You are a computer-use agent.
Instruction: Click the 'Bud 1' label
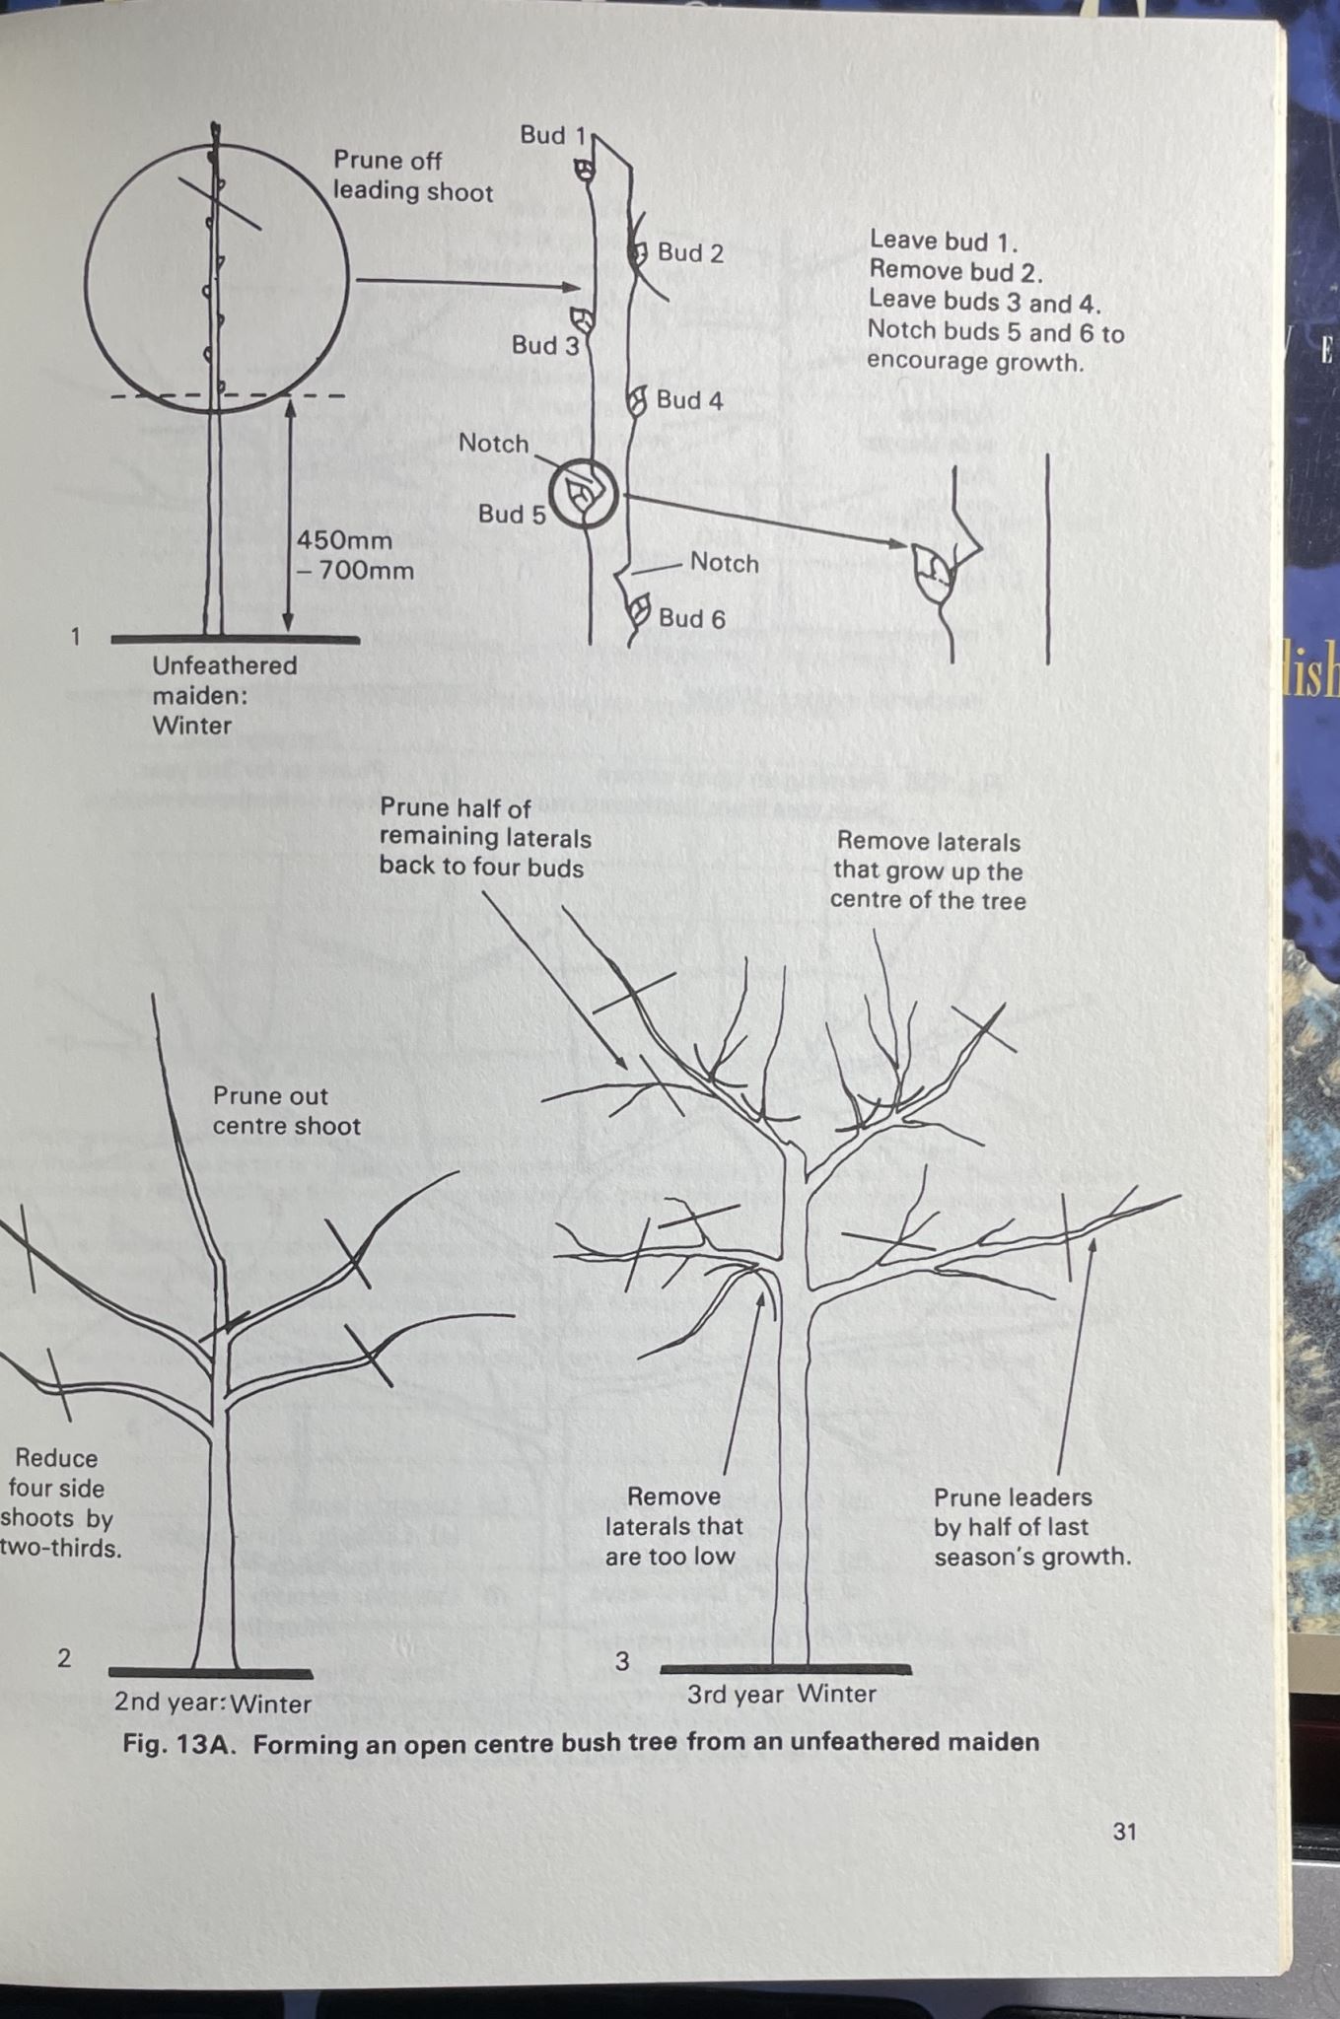pyautogui.click(x=552, y=135)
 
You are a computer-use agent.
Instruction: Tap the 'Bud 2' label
pyautogui.click(x=690, y=253)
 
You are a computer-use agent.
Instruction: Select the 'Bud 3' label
pyautogui.click(x=545, y=346)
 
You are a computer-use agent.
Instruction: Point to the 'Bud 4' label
pyautogui.click(x=689, y=400)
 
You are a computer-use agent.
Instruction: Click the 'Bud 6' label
pyautogui.click(x=691, y=619)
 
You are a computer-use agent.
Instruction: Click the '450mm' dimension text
pyautogui.click(x=344, y=540)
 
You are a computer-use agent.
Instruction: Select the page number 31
pyautogui.click(x=1124, y=1832)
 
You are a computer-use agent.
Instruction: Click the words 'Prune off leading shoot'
pyautogui.click(x=412, y=175)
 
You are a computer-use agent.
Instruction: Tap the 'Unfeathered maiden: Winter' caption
pyautogui.click(x=224, y=695)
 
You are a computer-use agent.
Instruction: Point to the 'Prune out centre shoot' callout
pyautogui.click(x=286, y=1111)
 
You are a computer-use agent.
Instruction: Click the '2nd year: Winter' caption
pyautogui.click(x=212, y=1704)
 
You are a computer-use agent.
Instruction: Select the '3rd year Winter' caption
pyautogui.click(x=781, y=1694)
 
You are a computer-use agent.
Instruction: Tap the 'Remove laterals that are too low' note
pyautogui.click(x=674, y=1526)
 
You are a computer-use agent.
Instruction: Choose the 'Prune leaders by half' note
pyautogui.click(x=1031, y=1526)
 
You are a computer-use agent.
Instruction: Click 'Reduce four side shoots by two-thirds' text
pyautogui.click(x=59, y=1502)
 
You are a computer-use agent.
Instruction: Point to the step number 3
pyautogui.click(x=621, y=1662)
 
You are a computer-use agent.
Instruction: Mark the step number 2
pyautogui.click(x=64, y=1658)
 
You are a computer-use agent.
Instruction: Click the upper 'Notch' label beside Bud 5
pyautogui.click(x=493, y=444)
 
